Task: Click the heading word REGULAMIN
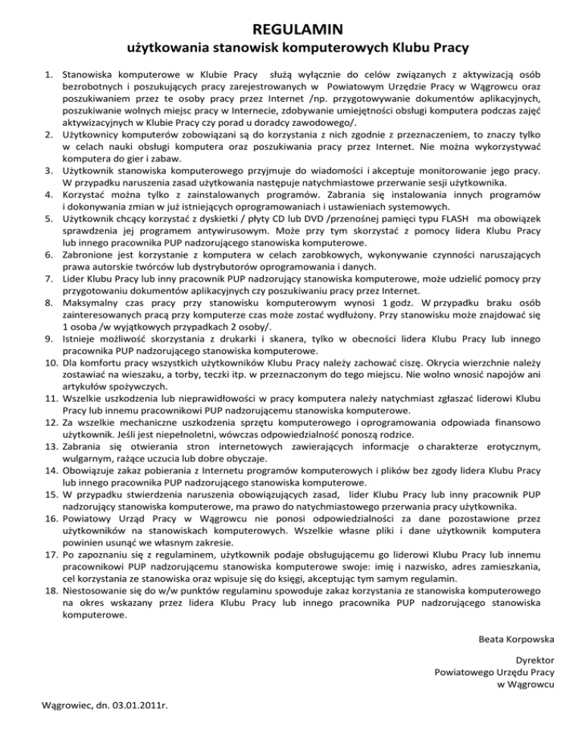[x=290, y=30]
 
